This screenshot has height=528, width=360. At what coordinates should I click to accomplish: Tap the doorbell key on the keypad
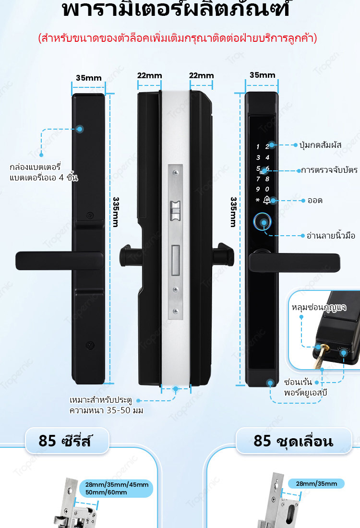click(267, 200)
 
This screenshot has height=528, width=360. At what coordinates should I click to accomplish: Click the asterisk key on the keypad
click(257, 200)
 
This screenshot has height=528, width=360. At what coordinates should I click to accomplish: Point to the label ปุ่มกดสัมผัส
click(320, 144)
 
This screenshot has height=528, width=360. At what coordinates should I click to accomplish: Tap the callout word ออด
click(315, 200)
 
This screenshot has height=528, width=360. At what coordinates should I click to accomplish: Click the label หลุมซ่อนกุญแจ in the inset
click(319, 306)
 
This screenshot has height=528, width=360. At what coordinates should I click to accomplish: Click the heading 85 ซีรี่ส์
click(66, 440)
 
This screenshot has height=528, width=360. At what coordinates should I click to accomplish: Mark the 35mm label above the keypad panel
click(262, 75)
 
